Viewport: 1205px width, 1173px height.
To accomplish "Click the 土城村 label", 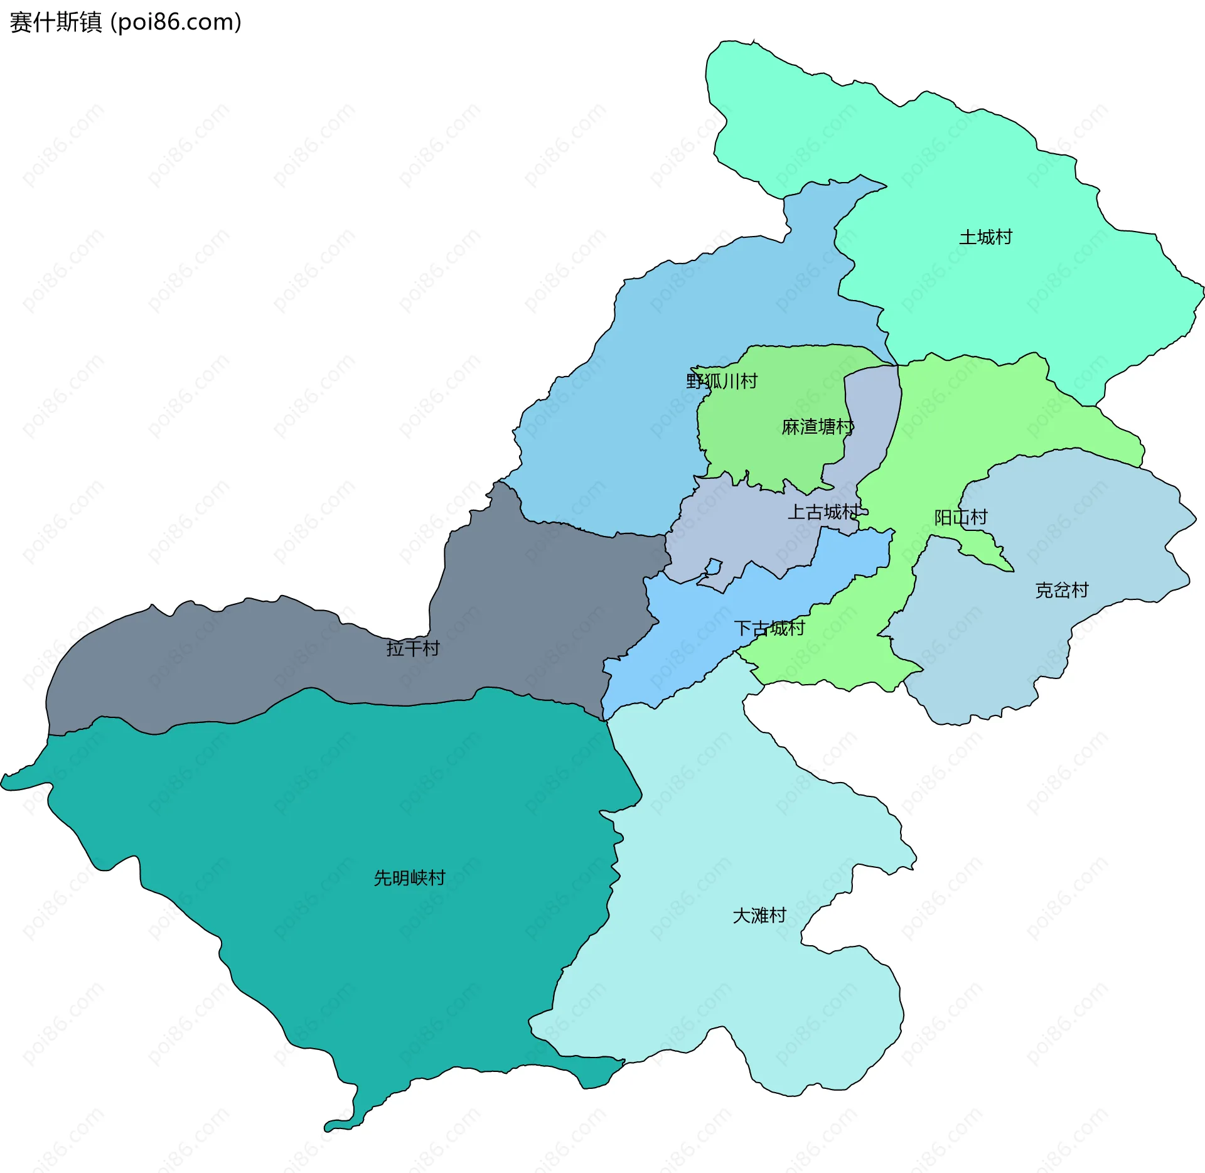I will tap(985, 237).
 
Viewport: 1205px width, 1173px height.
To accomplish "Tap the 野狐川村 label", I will tap(722, 381).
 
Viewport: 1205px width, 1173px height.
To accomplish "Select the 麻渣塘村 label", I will tap(817, 427).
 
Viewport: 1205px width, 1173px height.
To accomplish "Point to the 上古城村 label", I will tap(824, 512).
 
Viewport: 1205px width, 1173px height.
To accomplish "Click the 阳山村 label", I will tap(961, 517).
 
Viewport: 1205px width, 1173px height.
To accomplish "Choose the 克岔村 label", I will tap(1061, 590).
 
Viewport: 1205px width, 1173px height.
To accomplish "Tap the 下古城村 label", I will tap(769, 628).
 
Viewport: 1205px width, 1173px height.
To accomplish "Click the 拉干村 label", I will tap(413, 648).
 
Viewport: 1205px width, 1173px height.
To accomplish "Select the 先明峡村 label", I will tap(409, 877).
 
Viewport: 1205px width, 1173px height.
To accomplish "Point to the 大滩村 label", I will tap(759, 915).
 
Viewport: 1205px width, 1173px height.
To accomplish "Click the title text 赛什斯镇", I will tap(55, 23).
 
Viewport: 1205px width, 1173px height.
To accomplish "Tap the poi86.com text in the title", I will tap(176, 23).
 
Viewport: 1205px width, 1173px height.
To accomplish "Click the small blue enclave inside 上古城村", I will tap(713, 567).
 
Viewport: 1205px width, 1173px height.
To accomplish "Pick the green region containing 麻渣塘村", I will tap(772, 439).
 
